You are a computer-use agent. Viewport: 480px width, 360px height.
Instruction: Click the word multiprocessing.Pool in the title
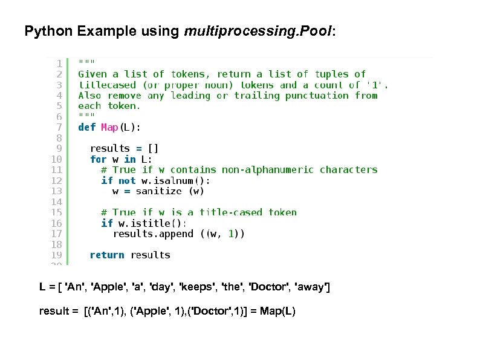click(x=258, y=31)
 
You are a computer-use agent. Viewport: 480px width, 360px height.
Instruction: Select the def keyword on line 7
click(x=86, y=127)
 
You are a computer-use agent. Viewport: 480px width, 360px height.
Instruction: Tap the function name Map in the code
click(x=109, y=127)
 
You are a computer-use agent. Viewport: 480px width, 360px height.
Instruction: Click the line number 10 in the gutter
click(x=56, y=159)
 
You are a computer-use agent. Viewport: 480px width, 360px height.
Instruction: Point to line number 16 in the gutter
click(x=56, y=223)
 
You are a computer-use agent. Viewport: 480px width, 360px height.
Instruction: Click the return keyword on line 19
click(x=107, y=255)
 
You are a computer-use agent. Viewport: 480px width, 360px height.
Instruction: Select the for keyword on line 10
click(x=98, y=159)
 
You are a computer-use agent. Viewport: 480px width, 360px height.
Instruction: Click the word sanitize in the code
click(x=158, y=191)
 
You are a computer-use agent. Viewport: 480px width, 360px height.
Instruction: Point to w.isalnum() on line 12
click(x=175, y=180)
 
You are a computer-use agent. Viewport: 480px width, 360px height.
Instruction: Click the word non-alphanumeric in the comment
click(x=268, y=170)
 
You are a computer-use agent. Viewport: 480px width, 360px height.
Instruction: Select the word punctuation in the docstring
click(x=317, y=96)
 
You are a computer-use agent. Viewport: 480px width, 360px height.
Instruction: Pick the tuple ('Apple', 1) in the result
click(x=155, y=312)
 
